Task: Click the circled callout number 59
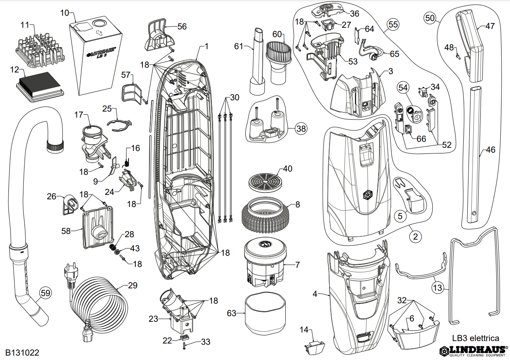pos(46,293)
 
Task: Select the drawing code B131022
pos(22,353)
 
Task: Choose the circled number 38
pos(300,128)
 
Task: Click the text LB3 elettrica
pos(476,338)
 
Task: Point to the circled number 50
pos(430,18)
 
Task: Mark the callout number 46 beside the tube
pos(490,150)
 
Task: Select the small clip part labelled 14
pos(316,346)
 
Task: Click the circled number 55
pos(393,25)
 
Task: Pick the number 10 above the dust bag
pos(65,12)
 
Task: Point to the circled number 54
pos(403,87)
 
